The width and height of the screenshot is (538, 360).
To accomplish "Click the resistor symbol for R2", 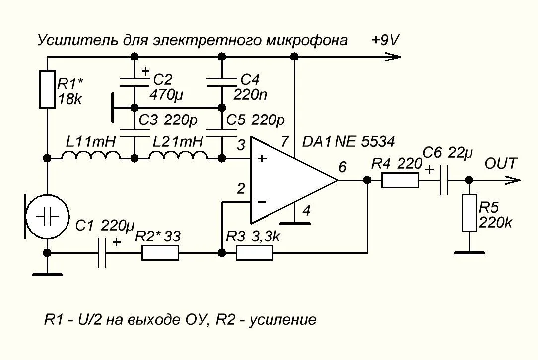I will (160, 253).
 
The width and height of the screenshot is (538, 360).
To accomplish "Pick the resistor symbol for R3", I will (254, 253).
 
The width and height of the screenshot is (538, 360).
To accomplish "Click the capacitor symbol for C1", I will (103, 253).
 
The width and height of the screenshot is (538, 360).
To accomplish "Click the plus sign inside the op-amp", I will (262, 159).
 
